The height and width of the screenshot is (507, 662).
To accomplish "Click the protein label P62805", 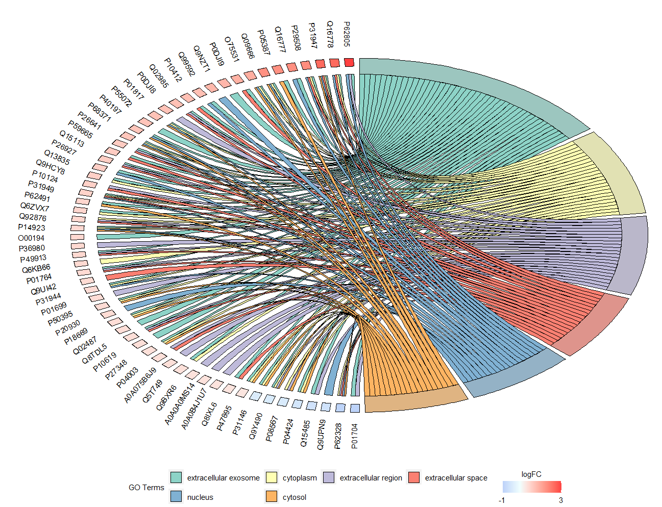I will [x=347, y=34].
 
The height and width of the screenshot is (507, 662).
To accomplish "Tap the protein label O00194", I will [x=32, y=238].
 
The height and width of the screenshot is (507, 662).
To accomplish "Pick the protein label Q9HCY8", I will [x=51, y=167].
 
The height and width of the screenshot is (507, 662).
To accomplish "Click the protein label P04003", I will [x=127, y=378].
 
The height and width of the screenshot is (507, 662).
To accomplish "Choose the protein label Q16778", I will [x=330, y=34].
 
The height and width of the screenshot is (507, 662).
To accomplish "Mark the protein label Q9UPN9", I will [x=321, y=435].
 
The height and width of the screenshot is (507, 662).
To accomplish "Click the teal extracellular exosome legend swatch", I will [x=176, y=477].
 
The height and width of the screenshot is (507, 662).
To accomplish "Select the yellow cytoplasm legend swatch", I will [x=272, y=477].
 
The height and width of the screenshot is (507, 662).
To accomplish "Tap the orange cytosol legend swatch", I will [x=272, y=497].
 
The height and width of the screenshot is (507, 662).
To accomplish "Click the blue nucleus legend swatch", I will [x=176, y=497].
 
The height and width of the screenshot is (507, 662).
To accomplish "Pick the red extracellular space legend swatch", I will [x=414, y=477].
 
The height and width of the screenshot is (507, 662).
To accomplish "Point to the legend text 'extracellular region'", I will [x=371, y=478].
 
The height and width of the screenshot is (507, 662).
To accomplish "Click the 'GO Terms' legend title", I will [x=146, y=488].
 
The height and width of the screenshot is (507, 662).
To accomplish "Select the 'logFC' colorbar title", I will [x=531, y=474].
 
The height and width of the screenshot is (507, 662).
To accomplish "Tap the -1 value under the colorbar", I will [x=501, y=500].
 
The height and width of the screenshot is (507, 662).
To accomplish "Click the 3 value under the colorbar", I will [x=561, y=500].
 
